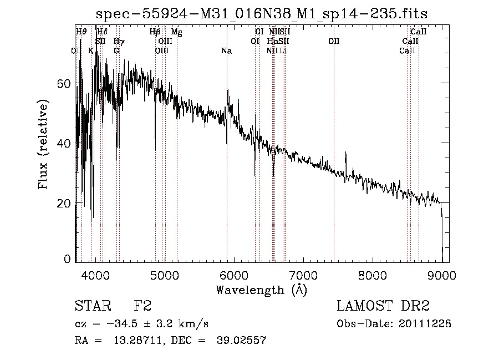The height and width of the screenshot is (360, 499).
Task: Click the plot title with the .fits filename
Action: (262, 13)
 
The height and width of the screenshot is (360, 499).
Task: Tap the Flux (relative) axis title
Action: (43, 144)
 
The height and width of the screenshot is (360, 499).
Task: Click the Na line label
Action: (226, 51)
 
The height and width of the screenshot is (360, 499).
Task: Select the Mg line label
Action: (176, 32)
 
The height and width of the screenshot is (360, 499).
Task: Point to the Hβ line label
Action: (155, 32)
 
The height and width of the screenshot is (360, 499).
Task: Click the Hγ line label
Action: (119, 42)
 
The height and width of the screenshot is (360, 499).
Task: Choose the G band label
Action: (116, 51)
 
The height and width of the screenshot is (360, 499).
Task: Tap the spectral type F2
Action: (143, 306)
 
